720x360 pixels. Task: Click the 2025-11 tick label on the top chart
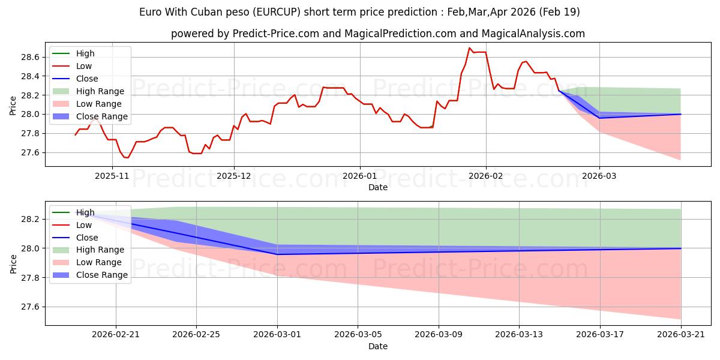click(x=112, y=176)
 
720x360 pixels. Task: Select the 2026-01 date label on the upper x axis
click(x=359, y=176)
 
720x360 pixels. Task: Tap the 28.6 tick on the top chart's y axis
click(x=30, y=57)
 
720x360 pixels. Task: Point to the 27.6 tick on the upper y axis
click(x=30, y=152)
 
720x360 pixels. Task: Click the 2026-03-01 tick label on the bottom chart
click(x=277, y=335)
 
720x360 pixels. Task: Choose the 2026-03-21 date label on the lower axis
click(x=681, y=335)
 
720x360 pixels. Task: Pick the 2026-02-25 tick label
click(x=196, y=335)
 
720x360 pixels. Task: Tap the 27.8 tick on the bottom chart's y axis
click(x=30, y=278)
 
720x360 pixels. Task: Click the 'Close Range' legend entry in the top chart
click(x=102, y=116)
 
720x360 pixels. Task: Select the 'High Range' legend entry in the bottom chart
click(x=100, y=250)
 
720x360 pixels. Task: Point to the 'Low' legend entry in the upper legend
click(x=84, y=66)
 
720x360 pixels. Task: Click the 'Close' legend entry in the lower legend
click(x=87, y=238)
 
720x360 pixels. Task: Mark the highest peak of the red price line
click(x=469, y=48)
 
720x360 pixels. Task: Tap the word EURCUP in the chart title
click(x=277, y=12)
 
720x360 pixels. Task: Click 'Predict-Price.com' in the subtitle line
click(x=276, y=34)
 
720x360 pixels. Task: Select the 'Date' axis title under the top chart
click(x=378, y=187)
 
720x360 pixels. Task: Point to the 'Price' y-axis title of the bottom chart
click(x=13, y=264)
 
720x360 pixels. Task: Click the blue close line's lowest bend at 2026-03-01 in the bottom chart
click(x=277, y=254)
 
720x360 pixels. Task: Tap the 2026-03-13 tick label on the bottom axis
click(x=519, y=335)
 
